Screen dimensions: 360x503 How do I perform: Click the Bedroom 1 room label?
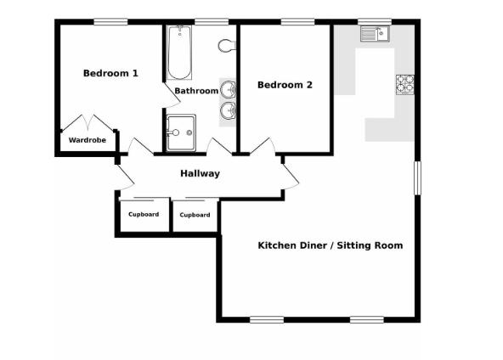pos(110,74)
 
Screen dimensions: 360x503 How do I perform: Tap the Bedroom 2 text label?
pos(285,85)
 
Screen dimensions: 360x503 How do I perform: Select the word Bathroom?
pos(195,90)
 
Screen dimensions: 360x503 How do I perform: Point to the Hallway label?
pos(200,174)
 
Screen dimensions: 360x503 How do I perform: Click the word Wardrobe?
pos(87,140)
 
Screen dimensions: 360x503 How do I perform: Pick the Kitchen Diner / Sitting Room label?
pos(330,245)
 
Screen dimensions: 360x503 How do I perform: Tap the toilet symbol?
pos(226,45)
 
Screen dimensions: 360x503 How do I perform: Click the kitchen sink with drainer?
pos(373,34)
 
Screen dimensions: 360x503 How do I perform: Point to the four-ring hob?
pos(404,84)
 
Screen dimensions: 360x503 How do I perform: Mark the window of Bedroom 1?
pos(110,22)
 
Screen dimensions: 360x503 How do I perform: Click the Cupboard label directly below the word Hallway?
pos(195,215)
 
